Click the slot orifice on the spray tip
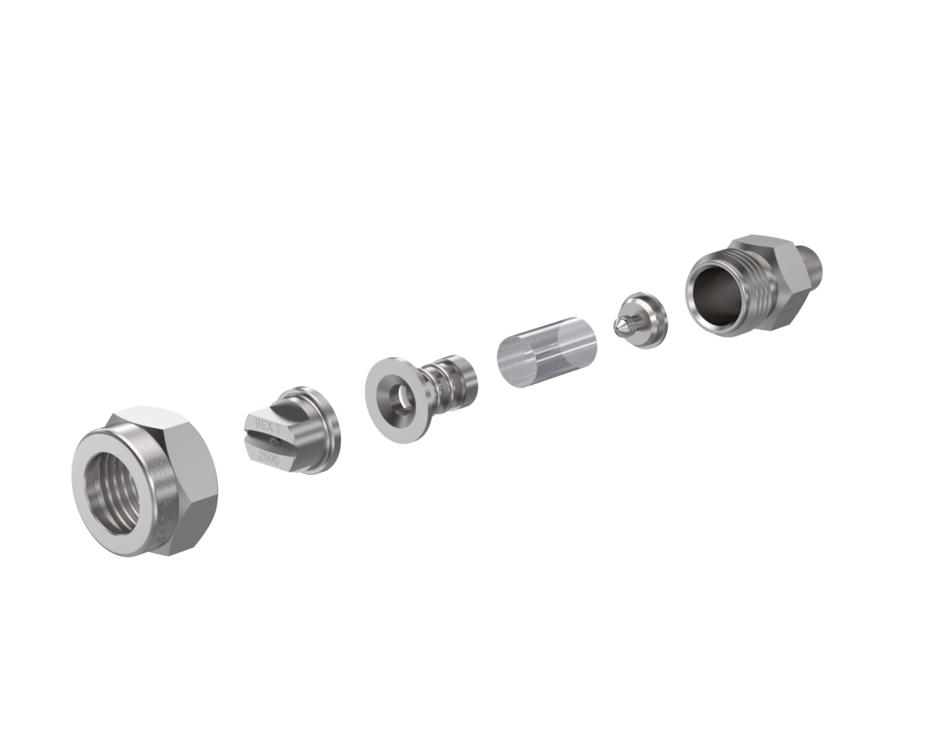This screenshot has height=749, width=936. coord(272,440)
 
